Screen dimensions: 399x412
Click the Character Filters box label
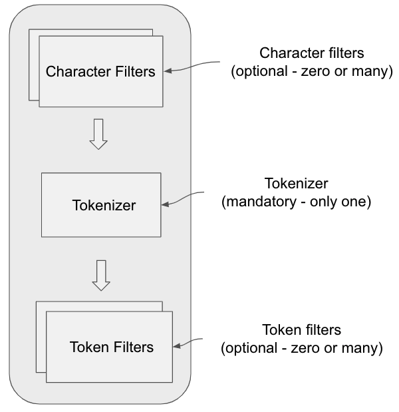(x=100, y=71)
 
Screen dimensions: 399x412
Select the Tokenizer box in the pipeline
(x=101, y=205)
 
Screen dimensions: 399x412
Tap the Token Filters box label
(x=112, y=347)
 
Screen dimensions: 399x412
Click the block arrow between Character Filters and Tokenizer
(x=98, y=134)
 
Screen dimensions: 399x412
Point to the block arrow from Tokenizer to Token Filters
(x=101, y=276)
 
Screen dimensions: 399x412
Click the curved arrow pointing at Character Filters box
(x=192, y=66)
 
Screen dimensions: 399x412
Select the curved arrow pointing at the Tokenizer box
(x=182, y=198)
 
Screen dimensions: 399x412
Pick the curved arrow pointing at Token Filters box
(x=188, y=342)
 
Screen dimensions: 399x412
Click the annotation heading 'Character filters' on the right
(x=312, y=53)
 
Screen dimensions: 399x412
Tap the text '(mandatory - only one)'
(x=297, y=202)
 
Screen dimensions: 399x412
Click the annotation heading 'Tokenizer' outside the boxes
(x=297, y=183)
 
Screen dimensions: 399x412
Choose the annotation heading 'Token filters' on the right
(x=302, y=329)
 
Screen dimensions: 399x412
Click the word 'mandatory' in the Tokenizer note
(x=261, y=202)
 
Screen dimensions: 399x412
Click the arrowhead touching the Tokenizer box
(x=165, y=204)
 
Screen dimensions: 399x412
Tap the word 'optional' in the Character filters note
(x=262, y=72)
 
